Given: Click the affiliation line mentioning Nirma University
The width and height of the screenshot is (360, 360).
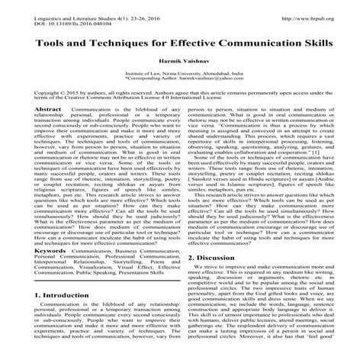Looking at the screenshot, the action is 179,72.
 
